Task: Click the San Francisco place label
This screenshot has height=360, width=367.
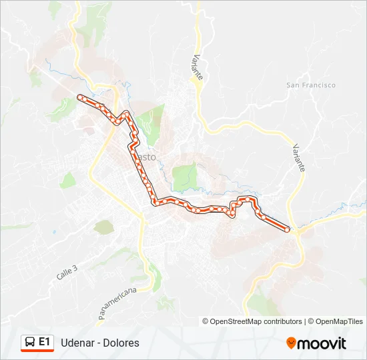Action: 310,85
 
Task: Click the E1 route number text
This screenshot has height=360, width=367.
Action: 45,342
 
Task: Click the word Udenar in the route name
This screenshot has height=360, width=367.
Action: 77,343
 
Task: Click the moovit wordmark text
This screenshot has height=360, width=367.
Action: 322,343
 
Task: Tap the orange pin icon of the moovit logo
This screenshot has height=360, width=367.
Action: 291,343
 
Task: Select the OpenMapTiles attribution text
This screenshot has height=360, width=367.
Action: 340,321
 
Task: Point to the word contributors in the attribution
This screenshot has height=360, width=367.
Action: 282,321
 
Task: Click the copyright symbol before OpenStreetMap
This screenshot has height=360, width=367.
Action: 206,321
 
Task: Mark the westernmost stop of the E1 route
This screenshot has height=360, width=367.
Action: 80,97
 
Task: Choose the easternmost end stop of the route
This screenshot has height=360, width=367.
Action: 288,229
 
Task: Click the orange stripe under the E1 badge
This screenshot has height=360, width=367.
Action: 37,351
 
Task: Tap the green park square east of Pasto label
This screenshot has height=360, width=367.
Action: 185,176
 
